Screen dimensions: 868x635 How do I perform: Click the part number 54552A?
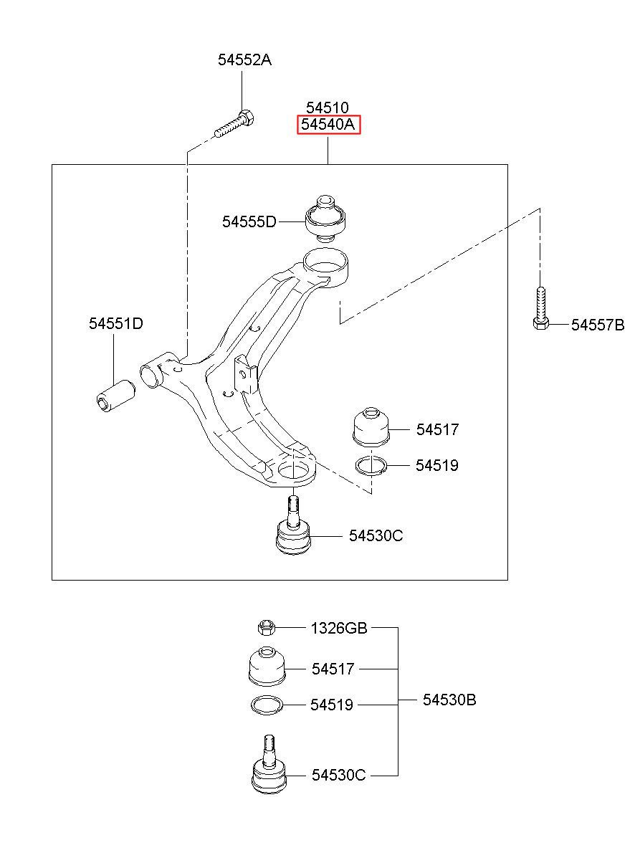tap(244, 60)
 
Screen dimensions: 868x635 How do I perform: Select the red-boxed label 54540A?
tap(328, 125)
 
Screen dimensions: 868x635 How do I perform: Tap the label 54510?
tap(328, 108)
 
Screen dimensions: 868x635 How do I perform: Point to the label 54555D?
tap(249, 222)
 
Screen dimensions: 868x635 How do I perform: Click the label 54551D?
tap(115, 324)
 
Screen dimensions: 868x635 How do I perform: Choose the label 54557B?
tap(598, 325)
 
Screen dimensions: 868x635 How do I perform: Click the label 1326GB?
tap(338, 629)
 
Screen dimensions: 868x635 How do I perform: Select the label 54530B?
tap(449, 700)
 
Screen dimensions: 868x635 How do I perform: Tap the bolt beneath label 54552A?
tap(234, 123)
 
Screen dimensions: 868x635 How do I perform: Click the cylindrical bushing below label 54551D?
tap(115, 395)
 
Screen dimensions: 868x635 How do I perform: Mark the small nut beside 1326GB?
tap(266, 629)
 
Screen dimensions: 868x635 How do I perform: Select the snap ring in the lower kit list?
tap(268, 705)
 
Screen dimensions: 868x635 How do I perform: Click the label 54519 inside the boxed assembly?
tap(436, 466)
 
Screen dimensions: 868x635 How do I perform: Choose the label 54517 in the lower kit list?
tap(333, 669)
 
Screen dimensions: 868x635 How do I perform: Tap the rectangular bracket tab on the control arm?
tap(244, 373)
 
